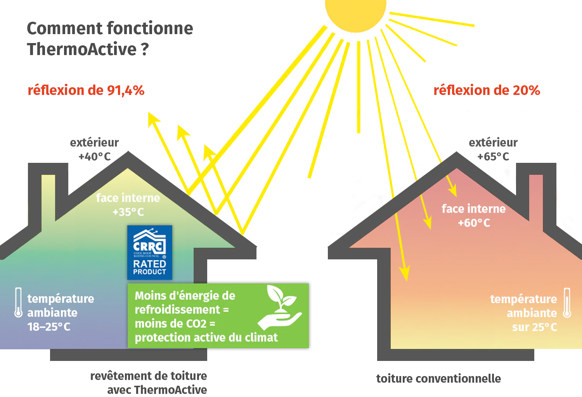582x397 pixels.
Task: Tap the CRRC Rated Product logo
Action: pos(150,252)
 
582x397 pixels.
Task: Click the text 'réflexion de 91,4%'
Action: pos(86,90)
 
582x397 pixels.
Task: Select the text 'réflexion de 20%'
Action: pos(486,90)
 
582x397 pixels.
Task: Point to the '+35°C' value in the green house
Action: pos(128,212)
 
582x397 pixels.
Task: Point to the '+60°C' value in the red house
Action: pos(474,223)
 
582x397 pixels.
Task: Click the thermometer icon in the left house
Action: pos(18,302)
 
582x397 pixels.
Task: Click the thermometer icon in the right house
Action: pos(567,303)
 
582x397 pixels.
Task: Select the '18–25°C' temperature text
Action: pos(49,327)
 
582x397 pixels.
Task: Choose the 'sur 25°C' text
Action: pos(534,327)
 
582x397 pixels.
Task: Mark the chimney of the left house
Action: pos(48,194)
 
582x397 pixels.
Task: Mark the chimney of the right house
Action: pos(536,194)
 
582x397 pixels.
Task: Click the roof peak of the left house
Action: pos(127,155)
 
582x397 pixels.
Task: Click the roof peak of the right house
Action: pos(456,155)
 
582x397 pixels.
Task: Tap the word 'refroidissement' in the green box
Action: pos(177,309)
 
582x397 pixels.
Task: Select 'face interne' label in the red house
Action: pos(473,209)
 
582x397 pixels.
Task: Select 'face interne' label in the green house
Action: pos(128,198)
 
